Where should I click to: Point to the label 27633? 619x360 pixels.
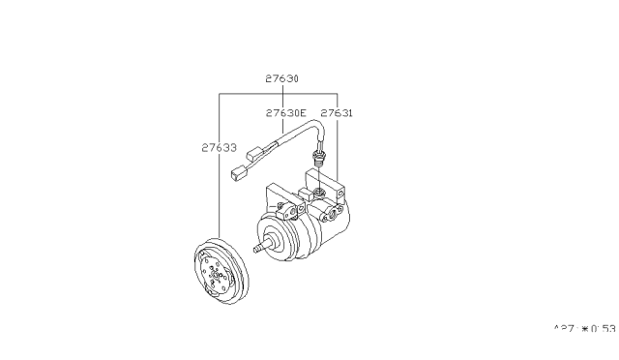tap(221, 148)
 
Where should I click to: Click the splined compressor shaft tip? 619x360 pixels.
tap(258, 249)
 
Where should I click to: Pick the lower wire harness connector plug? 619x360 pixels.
tap(240, 175)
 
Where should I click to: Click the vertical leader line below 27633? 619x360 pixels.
tap(221, 194)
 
